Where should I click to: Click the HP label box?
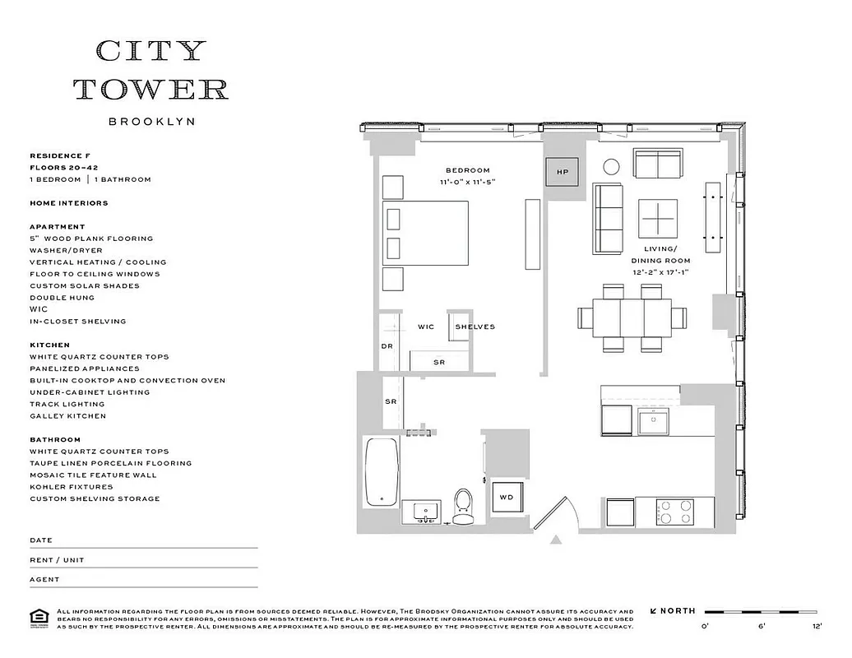pyautogui.click(x=563, y=172)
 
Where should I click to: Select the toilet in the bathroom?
pyautogui.click(x=463, y=506)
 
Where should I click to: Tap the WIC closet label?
pyautogui.click(x=425, y=327)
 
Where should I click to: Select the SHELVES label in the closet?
pyautogui.click(x=475, y=327)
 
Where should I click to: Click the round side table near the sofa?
pyautogui.click(x=611, y=167)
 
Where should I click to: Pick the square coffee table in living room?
pyautogui.click(x=659, y=220)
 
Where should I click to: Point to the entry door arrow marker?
pyautogui.click(x=556, y=540)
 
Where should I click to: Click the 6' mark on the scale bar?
pyautogui.click(x=762, y=627)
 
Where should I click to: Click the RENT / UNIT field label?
pyautogui.click(x=57, y=560)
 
